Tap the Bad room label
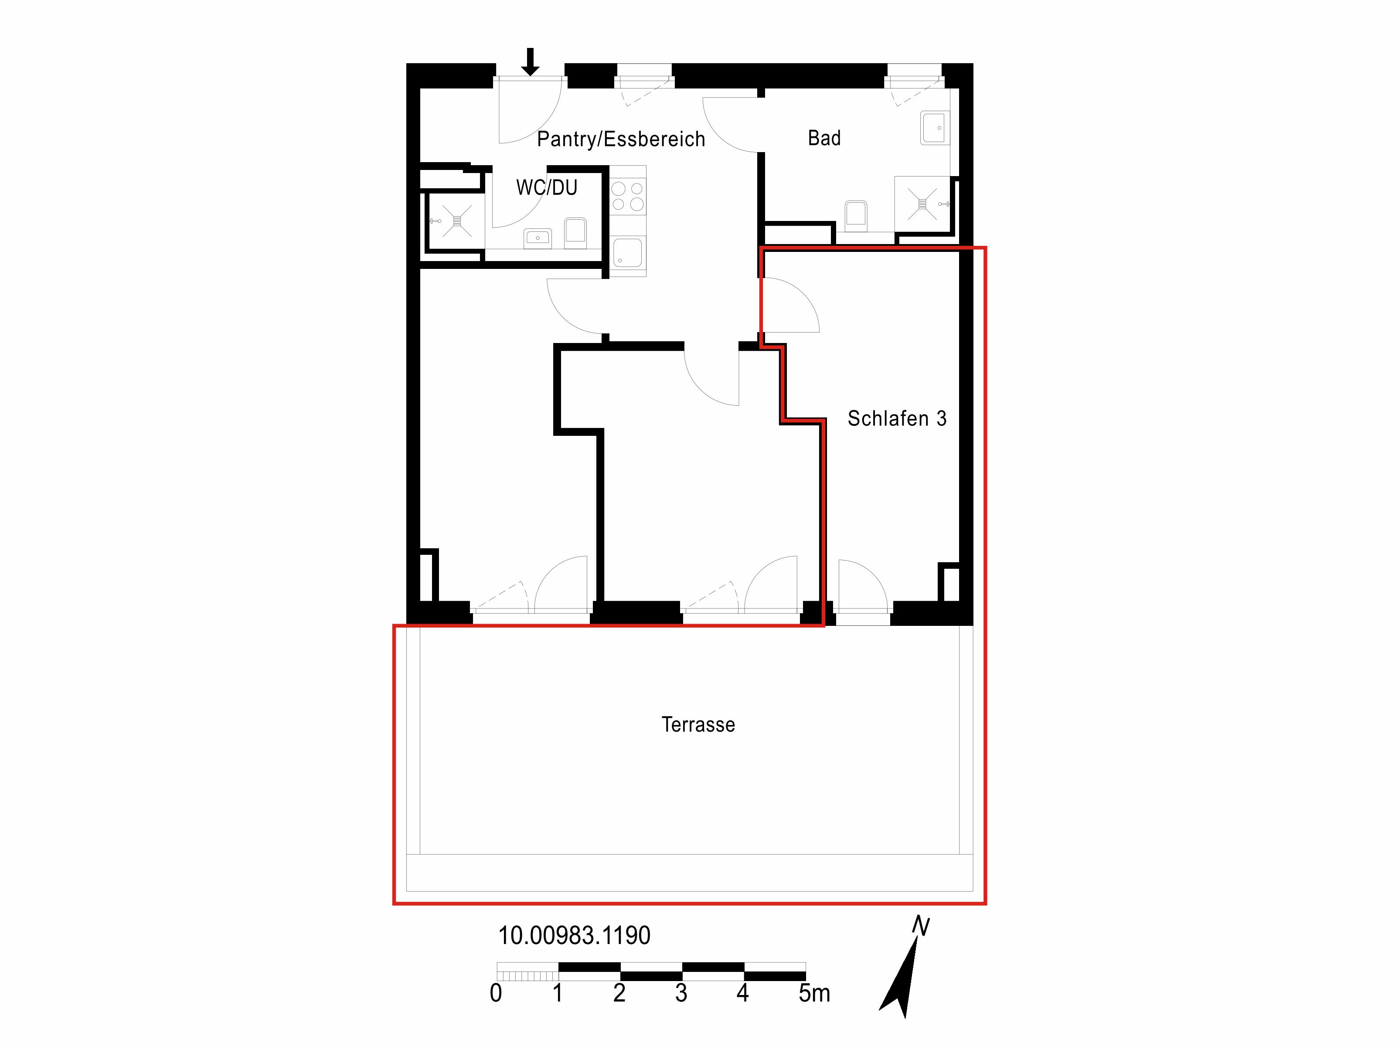pyautogui.click(x=824, y=138)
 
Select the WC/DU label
pyautogui.click(x=547, y=188)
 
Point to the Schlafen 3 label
pyautogui.click(x=897, y=419)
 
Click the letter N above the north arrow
pyautogui.click(x=922, y=926)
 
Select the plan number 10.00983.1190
pyautogui.click(x=574, y=936)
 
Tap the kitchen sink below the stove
pyautogui.click(x=628, y=252)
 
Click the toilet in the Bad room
pyautogui.click(x=856, y=214)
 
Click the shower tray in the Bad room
pyautogui.click(x=922, y=204)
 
